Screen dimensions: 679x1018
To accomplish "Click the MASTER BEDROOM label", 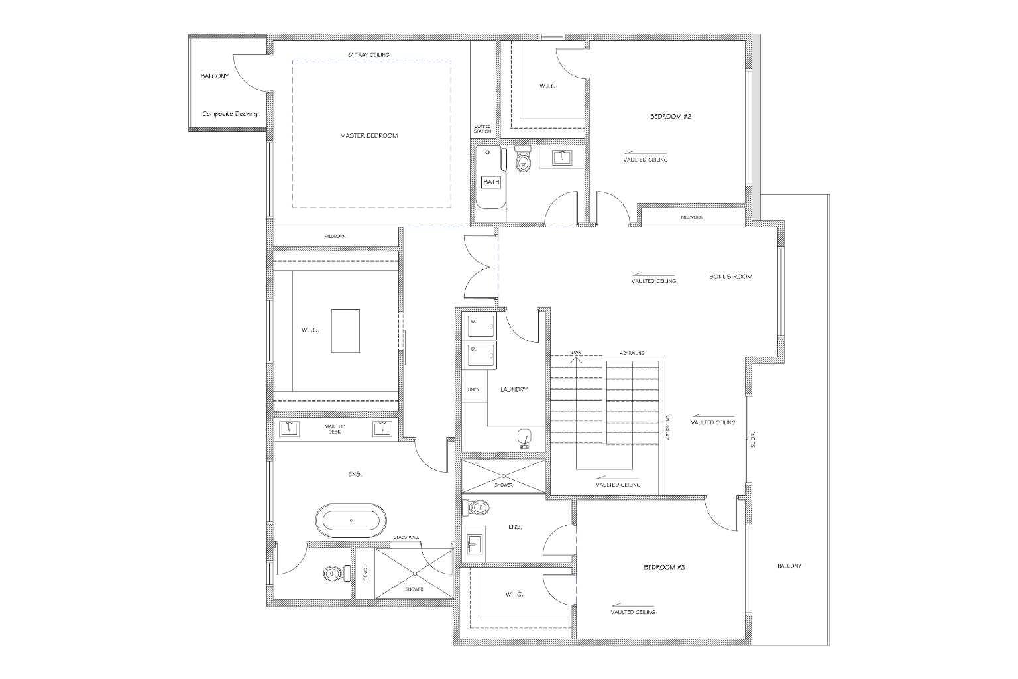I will (368, 136).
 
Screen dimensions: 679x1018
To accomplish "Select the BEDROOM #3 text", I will (663, 568).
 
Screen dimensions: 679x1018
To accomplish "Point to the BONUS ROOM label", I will (730, 277).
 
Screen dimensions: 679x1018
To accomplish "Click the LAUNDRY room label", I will (514, 390).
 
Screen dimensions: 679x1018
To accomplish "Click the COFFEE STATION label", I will (482, 129).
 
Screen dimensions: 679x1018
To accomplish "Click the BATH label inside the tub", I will (491, 182).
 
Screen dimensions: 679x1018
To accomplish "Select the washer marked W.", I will (481, 326).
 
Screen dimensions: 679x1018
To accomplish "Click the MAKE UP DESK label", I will (333, 430).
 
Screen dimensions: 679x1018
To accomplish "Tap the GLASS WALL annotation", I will (406, 538).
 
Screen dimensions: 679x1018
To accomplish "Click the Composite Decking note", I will (229, 114).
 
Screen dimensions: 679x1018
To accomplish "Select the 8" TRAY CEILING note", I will (368, 54).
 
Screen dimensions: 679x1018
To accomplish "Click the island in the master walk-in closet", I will (346, 330).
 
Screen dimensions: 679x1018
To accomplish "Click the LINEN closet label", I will (473, 390).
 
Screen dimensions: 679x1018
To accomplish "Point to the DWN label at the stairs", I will (576, 353).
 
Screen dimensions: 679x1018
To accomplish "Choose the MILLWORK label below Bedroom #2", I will (691, 217).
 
